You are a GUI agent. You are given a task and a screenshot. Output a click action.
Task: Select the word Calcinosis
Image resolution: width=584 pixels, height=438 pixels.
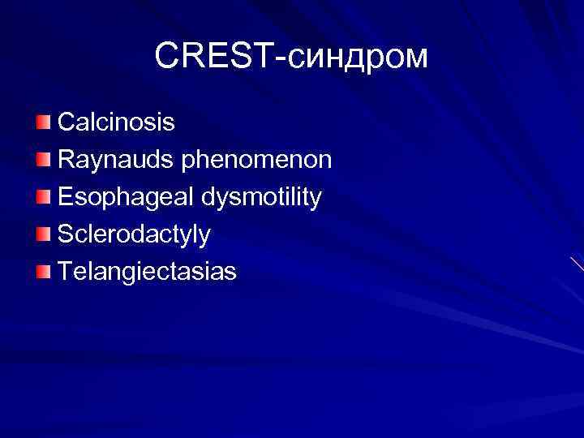116,122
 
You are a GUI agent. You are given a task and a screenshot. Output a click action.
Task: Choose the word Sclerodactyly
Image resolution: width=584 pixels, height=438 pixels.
134,234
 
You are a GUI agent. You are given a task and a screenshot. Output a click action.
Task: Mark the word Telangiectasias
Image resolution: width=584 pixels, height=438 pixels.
147,272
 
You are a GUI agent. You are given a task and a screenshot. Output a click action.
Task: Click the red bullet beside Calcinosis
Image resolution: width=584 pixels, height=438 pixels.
42,122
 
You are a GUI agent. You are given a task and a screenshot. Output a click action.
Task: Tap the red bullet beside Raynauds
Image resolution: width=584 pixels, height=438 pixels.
42,159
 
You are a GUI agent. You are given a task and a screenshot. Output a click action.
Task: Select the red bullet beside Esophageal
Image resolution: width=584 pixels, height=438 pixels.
42,196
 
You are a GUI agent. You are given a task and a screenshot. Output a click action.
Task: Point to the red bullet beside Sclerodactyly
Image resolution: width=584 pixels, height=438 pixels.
42,234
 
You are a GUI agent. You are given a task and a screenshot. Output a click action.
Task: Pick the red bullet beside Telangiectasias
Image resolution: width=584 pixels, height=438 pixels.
42,271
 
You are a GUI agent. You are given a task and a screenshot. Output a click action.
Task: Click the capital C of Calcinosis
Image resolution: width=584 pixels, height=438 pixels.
67,122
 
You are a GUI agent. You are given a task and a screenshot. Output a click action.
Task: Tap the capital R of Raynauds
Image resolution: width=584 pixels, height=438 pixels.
67,159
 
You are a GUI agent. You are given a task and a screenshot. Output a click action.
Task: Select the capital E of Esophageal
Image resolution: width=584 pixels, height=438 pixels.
65,196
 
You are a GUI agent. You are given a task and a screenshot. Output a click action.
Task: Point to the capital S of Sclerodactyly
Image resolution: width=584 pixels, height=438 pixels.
65,234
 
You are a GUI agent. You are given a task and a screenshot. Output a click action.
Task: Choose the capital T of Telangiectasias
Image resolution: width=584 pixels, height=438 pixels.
65,271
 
